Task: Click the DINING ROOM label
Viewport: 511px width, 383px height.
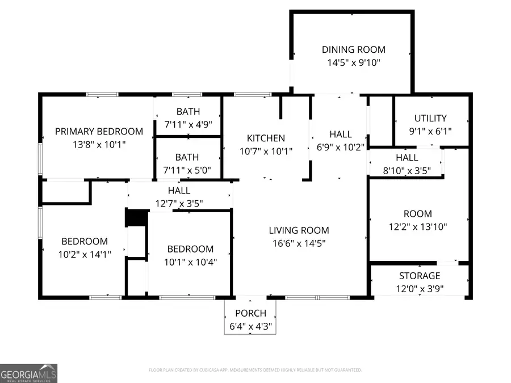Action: (x=353, y=50)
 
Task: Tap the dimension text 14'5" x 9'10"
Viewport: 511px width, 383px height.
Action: (x=353, y=62)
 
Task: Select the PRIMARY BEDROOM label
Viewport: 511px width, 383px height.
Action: (x=99, y=132)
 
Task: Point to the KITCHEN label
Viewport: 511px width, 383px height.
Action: (x=266, y=138)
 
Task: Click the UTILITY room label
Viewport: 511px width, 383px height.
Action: (x=430, y=118)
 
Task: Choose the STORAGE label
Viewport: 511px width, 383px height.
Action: (x=419, y=276)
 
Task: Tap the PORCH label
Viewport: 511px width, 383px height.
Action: (x=250, y=313)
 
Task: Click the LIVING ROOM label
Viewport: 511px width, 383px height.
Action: (x=299, y=230)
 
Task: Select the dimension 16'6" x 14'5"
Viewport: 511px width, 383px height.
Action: (x=299, y=243)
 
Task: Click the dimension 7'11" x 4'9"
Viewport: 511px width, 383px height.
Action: (x=187, y=124)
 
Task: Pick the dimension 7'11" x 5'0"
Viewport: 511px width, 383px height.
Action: (x=187, y=169)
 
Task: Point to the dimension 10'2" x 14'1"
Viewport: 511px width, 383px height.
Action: (x=84, y=254)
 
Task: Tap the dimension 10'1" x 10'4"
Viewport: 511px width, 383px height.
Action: (x=190, y=262)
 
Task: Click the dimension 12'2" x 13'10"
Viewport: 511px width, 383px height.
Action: (x=417, y=226)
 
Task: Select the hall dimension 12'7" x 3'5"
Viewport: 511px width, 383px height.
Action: (x=179, y=203)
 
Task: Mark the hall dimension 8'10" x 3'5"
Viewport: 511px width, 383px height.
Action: (x=407, y=170)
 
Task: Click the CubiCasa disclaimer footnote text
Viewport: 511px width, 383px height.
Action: (x=255, y=370)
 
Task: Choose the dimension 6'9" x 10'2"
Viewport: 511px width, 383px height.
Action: (x=340, y=147)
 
